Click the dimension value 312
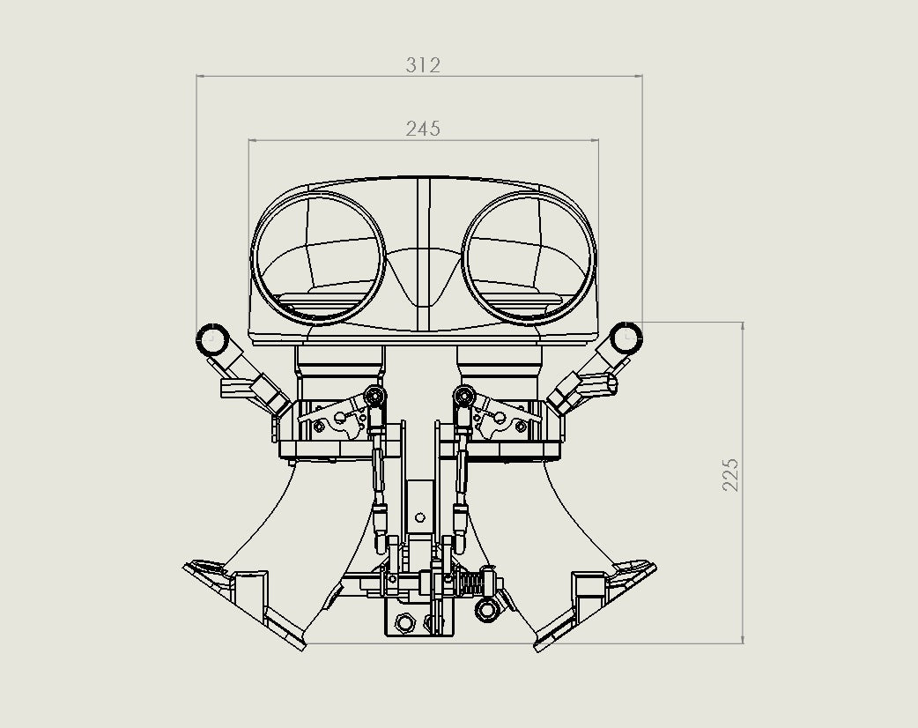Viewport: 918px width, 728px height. coord(423,65)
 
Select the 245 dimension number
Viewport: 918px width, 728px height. coord(423,129)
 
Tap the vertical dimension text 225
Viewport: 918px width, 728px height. coord(730,474)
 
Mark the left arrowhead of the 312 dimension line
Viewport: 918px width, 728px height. coord(200,76)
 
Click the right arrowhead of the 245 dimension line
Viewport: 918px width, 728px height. coord(595,140)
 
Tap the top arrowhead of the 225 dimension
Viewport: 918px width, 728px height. coord(743,326)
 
